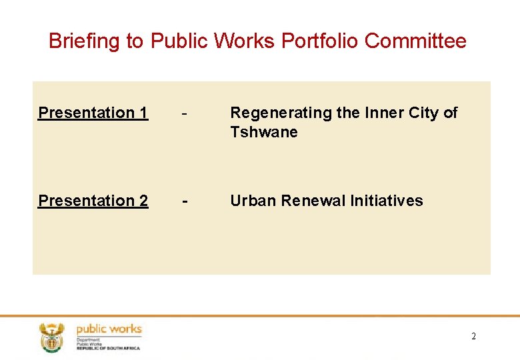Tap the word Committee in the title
tap(415, 41)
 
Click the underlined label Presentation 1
tap(93, 113)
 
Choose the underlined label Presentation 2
tap(93, 201)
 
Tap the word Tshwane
tap(263, 132)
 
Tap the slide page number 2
tap(473, 337)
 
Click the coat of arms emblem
tap(51, 337)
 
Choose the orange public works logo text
tap(109, 329)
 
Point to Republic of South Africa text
tap(108, 348)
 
